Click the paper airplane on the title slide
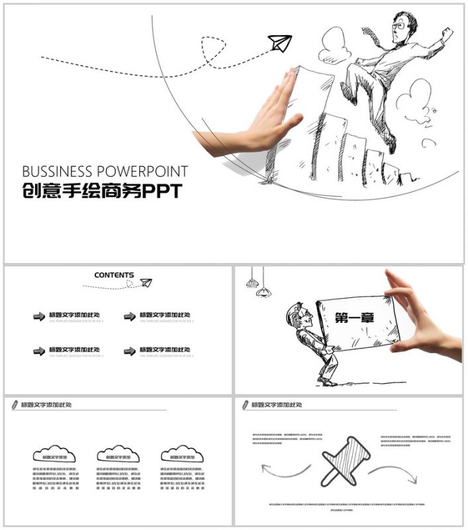279,44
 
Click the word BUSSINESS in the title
59,172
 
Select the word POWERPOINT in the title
143,172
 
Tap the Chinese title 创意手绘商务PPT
101,191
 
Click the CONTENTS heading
114,275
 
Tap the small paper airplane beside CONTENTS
146,283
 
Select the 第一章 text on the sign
354,318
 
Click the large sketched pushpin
345,460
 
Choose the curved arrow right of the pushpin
393,472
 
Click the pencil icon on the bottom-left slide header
15,404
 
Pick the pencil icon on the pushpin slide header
245,404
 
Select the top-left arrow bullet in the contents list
39,317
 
